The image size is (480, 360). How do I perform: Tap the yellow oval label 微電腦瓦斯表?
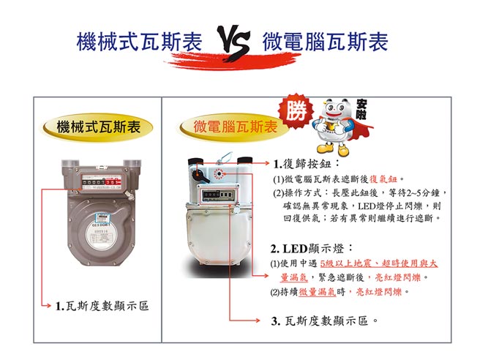(x=231, y=127)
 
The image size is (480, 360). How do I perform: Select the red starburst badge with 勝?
(x=296, y=113)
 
